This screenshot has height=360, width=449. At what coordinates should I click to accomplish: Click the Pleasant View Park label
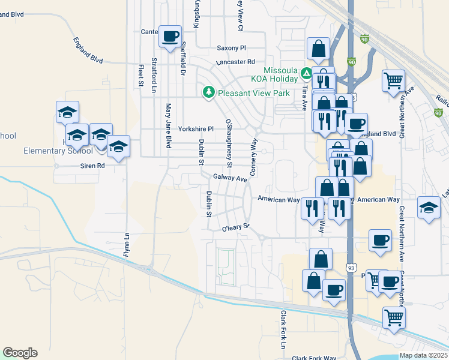[x=253, y=93]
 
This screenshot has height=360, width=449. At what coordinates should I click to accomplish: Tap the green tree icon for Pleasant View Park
[x=208, y=92]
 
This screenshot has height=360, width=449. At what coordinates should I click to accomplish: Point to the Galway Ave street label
[x=231, y=178]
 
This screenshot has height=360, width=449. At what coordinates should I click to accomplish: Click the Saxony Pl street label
[x=231, y=48]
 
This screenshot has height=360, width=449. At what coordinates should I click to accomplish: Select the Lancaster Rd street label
[x=236, y=62]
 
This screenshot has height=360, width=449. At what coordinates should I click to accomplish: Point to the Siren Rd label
[x=92, y=165]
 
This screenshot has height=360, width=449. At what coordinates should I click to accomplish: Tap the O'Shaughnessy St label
[x=229, y=142]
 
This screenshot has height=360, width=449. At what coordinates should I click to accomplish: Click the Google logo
[x=20, y=353]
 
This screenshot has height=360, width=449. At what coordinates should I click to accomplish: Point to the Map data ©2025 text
[x=423, y=355]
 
